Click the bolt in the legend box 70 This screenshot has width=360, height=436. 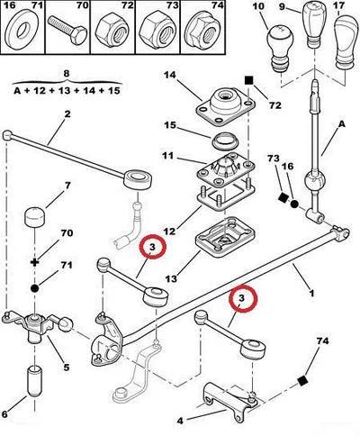pos(67,31)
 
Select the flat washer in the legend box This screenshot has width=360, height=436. pos(22,31)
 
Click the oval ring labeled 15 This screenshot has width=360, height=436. pos(225,141)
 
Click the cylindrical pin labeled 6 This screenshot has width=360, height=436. pos(35,380)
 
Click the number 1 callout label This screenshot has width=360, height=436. pos(311,293)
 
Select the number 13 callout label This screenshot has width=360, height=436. pos(171,278)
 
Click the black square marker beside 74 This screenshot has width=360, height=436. pos(303,381)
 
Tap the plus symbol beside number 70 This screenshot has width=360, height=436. pos(35,263)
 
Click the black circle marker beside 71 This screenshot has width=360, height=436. pos(35,288)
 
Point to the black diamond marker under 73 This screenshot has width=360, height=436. pos(283,197)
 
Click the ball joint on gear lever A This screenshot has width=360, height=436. pos(314,182)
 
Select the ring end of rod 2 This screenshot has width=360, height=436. pos(138,179)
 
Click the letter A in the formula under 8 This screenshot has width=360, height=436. pos(18,90)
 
